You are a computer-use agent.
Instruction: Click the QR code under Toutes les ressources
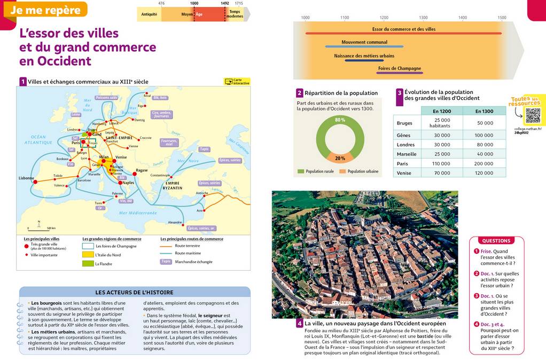533,115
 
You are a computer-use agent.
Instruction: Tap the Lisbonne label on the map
26,178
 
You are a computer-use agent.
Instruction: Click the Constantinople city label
160,175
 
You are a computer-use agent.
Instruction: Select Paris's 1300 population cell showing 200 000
483,163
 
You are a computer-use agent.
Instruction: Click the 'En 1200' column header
442,111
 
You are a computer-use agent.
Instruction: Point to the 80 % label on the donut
340,120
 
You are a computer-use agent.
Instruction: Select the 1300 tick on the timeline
423,18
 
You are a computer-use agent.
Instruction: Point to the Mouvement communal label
364,42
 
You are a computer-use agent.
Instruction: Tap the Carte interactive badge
237,82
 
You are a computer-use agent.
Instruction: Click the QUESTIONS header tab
496,241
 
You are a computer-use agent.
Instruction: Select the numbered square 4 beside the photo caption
300,324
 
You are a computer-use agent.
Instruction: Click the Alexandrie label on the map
175,222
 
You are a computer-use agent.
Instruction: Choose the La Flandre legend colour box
88,263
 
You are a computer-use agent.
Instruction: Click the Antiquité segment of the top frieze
149,14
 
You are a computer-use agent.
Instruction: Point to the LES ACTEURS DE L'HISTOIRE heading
134,292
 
